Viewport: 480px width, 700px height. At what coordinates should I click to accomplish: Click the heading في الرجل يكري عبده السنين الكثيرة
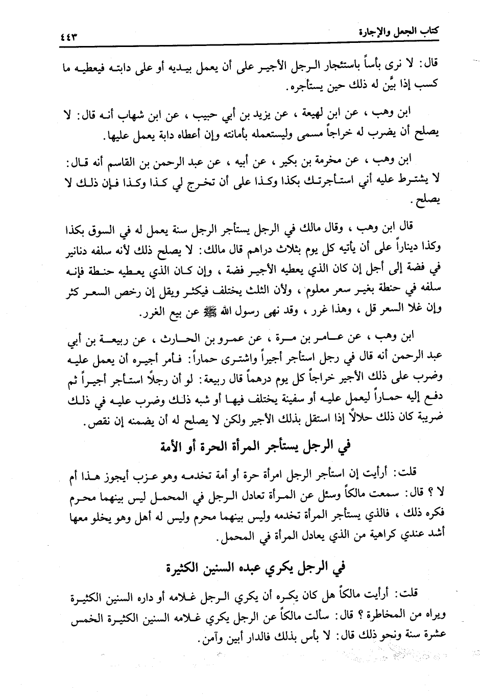254,567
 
